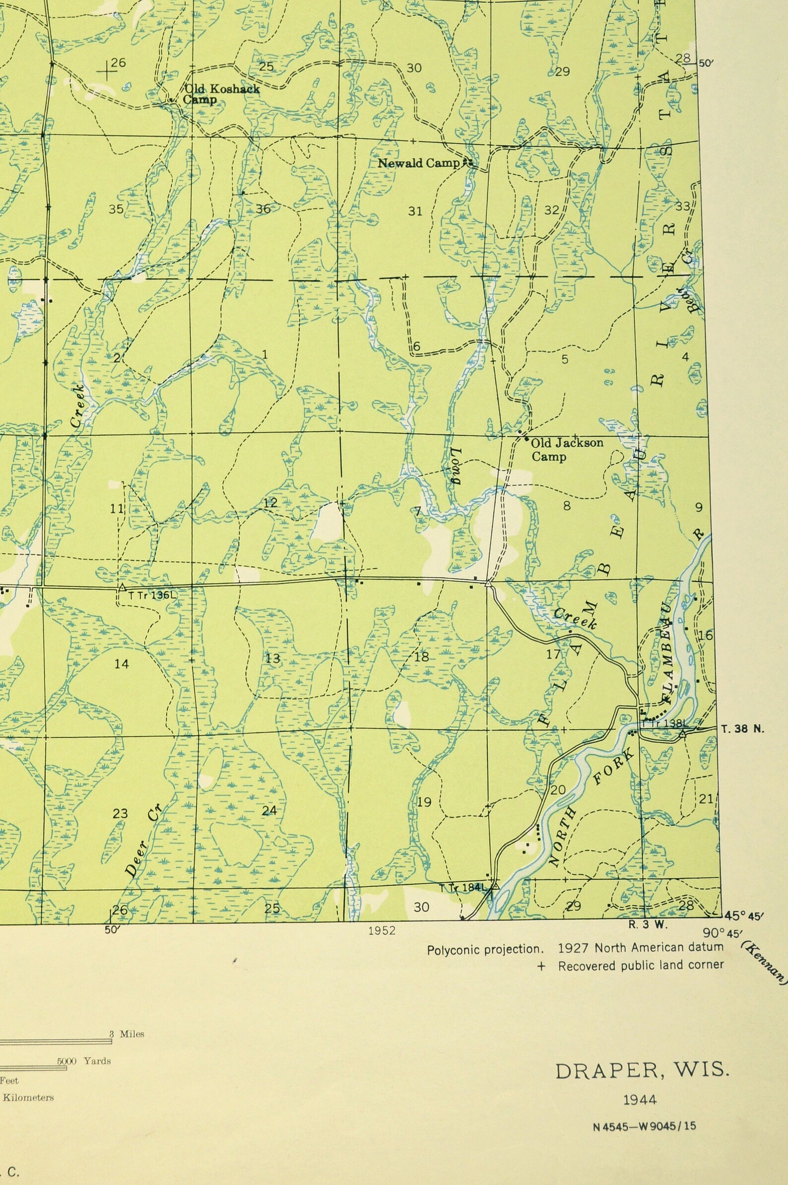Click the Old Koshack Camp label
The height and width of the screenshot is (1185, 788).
(221, 94)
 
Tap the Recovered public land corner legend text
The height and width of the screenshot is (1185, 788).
(641, 965)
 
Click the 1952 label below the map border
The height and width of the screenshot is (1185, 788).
(382, 931)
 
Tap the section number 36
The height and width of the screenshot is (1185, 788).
(263, 209)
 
